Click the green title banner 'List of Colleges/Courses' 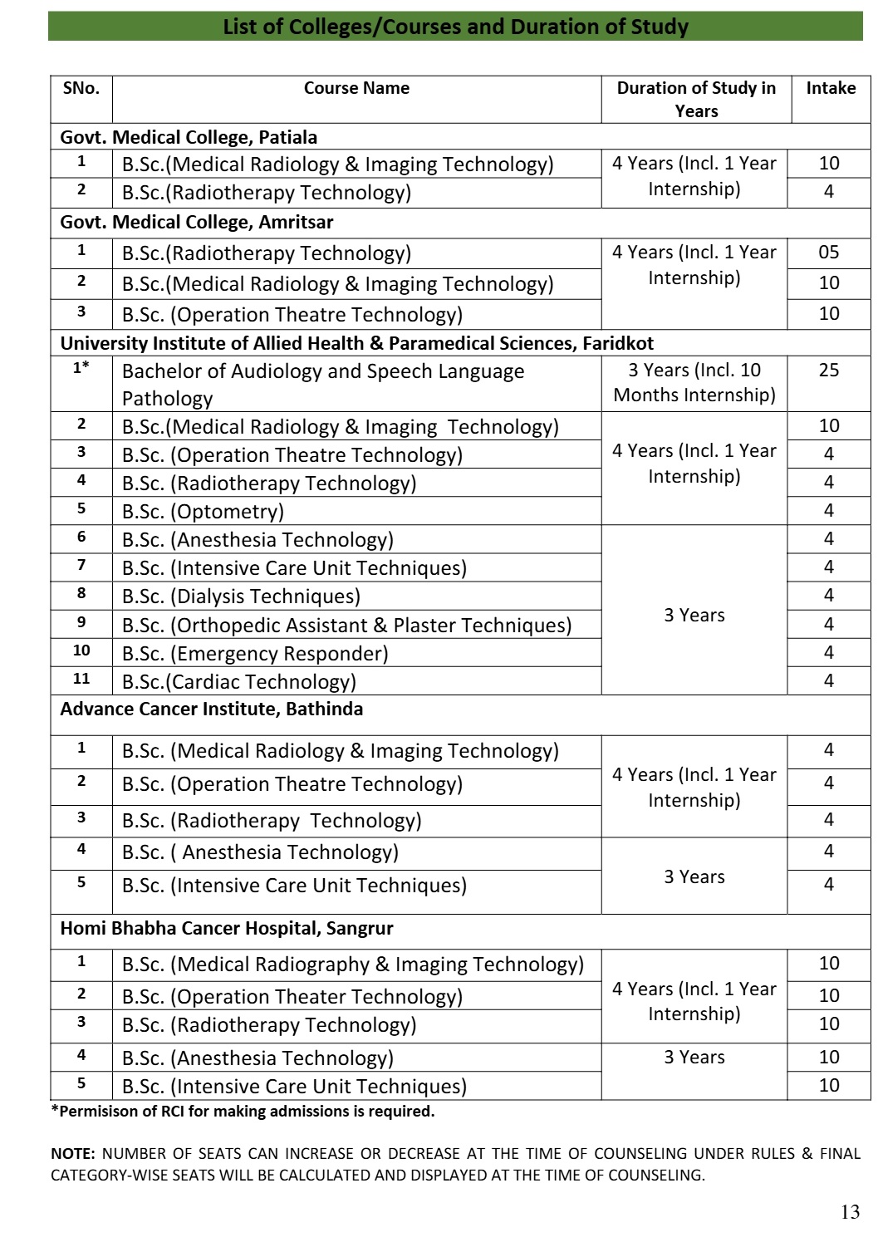[x=455, y=27]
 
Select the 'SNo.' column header [x=81, y=88]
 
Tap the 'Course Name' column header [x=356, y=88]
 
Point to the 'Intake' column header [x=831, y=88]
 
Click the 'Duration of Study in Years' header [x=696, y=99]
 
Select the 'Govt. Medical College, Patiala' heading [x=189, y=137]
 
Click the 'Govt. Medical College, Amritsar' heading [x=197, y=222]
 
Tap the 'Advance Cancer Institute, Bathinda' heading [x=212, y=709]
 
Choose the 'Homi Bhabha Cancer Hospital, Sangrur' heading [x=227, y=928]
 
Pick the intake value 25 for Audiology [x=829, y=371]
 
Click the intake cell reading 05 [x=829, y=253]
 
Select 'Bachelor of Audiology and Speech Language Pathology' [x=323, y=384]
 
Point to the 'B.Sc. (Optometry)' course [x=203, y=512]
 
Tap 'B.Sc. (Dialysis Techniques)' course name [x=241, y=596]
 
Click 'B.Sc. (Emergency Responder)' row [x=255, y=654]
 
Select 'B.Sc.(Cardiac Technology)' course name [x=239, y=682]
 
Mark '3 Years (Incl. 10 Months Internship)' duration [x=694, y=382]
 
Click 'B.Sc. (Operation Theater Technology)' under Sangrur [x=292, y=997]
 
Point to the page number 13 [x=850, y=1212]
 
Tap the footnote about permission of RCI [x=243, y=1112]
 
